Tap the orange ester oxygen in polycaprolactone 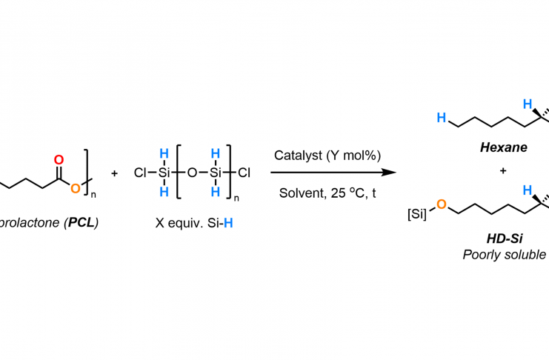pyautogui.click(x=75, y=189)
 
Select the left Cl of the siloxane pyautogui.click(x=141, y=173)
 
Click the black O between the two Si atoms pyautogui.click(x=192, y=173)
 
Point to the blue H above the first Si pyautogui.click(x=164, y=153)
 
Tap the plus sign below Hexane pyautogui.click(x=503, y=171)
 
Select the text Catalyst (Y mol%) pyautogui.click(x=327, y=156)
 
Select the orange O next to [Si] pyautogui.click(x=441, y=204)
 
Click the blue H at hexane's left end pyautogui.click(x=442, y=117)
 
